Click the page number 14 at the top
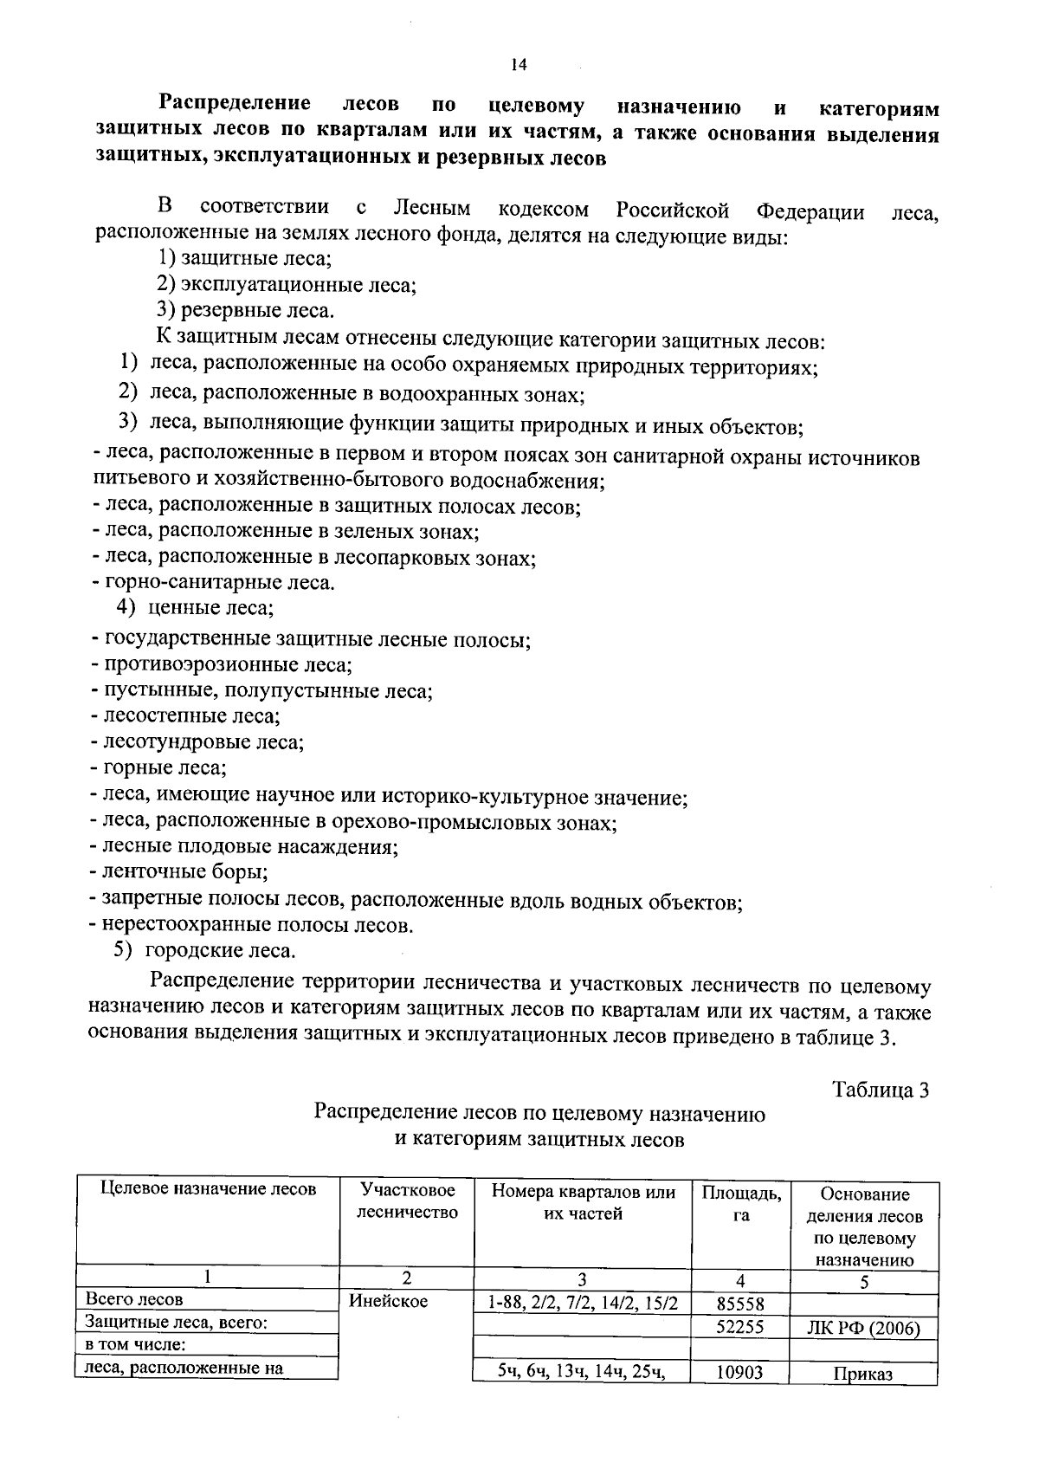(519, 65)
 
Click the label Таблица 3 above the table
(881, 1090)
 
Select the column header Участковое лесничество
(407, 1201)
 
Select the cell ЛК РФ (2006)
(864, 1328)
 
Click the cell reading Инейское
(389, 1301)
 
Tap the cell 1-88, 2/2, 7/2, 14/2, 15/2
(582, 1303)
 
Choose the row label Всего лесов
(134, 1299)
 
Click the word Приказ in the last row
(863, 1374)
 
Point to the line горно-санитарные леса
(213, 582)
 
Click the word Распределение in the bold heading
(234, 106)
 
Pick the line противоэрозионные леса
(221, 665)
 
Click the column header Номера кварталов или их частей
(582, 1202)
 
